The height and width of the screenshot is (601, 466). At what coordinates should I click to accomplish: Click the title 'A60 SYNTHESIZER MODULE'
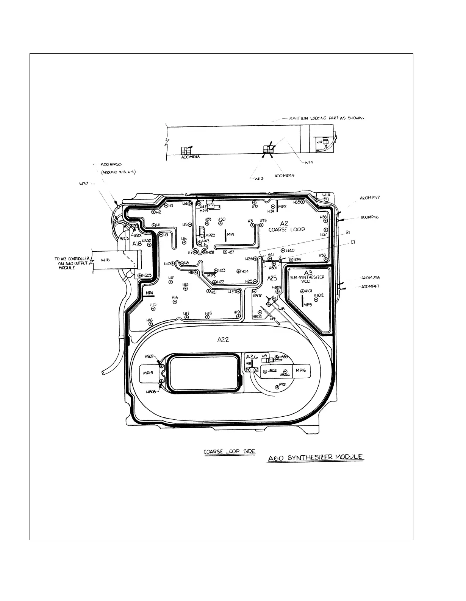point(315,458)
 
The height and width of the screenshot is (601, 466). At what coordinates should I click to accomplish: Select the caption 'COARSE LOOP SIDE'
point(229,452)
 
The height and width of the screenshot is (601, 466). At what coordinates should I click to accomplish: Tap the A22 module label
point(223,340)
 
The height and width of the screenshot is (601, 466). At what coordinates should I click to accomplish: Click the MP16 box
point(300,371)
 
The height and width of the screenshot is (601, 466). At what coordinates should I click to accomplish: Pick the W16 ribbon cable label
point(105,260)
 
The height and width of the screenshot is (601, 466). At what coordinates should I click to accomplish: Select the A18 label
point(137,244)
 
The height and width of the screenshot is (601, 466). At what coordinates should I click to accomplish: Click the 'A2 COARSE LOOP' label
point(286,226)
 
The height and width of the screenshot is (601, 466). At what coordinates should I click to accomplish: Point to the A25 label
point(272,278)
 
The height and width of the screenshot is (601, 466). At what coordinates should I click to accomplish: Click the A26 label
point(252,357)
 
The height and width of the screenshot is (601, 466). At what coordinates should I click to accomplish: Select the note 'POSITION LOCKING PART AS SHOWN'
point(326,118)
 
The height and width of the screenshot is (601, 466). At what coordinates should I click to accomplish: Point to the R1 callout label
point(348,234)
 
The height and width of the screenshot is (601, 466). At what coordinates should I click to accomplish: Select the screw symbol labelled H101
point(303,291)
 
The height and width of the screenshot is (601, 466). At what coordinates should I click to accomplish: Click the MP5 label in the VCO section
point(308,305)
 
